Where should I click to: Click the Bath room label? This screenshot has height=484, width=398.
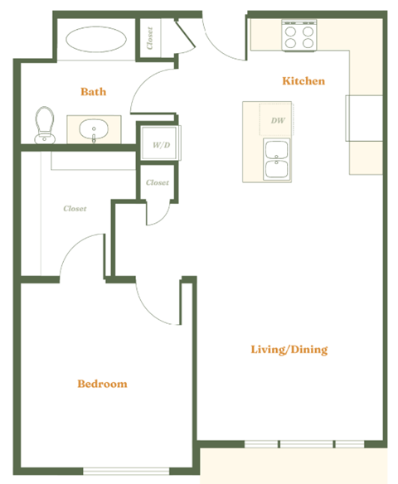pos(93,91)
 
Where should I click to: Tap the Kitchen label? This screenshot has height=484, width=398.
pos(303,81)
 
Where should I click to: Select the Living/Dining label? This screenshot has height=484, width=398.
pos(289,349)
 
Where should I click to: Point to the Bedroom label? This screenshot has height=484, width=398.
pos(102,384)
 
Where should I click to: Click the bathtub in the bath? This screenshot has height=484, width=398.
pos(97,41)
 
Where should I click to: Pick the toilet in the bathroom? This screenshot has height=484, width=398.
pos(44,124)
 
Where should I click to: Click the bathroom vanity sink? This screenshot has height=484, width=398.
pos(94,130)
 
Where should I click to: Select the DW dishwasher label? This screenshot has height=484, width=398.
pos(278,121)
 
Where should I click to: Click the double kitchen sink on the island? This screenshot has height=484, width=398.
pos(276,159)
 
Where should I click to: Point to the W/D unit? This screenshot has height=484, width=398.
pos(160,144)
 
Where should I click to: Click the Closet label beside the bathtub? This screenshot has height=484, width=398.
pos(150,38)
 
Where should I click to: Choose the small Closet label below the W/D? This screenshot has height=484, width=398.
pos(158,182)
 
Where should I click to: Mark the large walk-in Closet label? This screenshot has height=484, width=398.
pos(75,209)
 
